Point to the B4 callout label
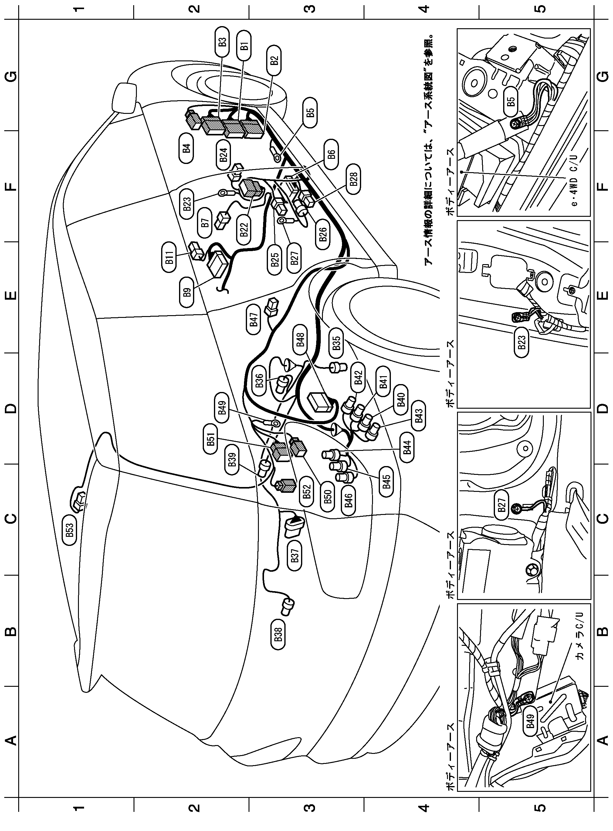pyautogui.click(x=186, y=148)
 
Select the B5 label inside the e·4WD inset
pyautogui.click(x=511, y=101)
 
